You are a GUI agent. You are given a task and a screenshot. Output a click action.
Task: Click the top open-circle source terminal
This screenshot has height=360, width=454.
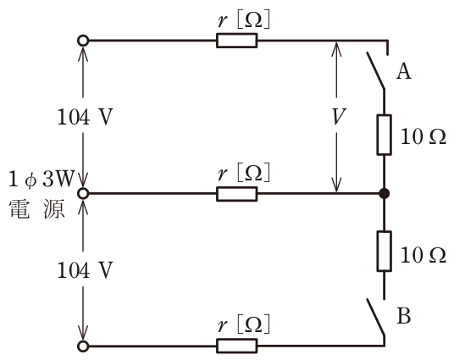[x=83, y=41]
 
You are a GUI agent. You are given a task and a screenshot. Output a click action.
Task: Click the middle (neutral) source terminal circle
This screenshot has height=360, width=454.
[x=83, y=193]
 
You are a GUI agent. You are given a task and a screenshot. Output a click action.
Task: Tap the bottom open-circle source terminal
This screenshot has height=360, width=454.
[x=83, y=346]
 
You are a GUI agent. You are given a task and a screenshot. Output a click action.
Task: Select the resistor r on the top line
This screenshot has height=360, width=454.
[x=237, y=41]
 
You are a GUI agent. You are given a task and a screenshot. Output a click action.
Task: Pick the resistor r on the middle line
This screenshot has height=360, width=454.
[x=237, y=194]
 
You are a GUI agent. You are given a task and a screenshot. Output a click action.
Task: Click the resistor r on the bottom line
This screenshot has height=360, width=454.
[x=237, y=346]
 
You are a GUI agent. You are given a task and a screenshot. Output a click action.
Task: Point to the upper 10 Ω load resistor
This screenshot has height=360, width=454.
[x=385, y=135]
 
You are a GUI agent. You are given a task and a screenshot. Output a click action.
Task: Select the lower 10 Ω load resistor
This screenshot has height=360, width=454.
[x=385, y=252]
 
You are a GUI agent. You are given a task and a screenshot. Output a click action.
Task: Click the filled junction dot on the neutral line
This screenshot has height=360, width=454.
[x=385, y=193]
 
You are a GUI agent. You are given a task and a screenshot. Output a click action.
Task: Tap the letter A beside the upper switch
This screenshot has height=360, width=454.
[x=404, y=71]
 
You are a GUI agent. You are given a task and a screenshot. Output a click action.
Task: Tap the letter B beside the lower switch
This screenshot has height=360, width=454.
[x=404, y=315]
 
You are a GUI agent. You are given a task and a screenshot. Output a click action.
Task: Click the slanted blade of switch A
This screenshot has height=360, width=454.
[x=375, y=70]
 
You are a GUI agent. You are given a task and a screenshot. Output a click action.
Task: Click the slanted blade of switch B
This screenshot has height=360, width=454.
[x=375, y=318]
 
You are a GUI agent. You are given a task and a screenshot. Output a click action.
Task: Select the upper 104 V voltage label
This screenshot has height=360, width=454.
[x=85, y=117]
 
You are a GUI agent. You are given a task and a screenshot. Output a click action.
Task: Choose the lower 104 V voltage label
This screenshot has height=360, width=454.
[x=85, y=270]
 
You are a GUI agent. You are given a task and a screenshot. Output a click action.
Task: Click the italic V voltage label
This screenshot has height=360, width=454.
[x=338, y=116]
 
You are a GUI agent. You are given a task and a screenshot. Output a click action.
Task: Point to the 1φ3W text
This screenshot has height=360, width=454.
[x=42, y=180]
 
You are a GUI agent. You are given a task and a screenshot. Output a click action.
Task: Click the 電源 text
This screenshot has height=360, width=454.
[x=36, y=208]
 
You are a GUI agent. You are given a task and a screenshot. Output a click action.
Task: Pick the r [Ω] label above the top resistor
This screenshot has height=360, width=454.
[x=243, y=19]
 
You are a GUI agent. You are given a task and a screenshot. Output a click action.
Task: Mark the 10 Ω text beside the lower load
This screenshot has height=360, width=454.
[x=423, y=256]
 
